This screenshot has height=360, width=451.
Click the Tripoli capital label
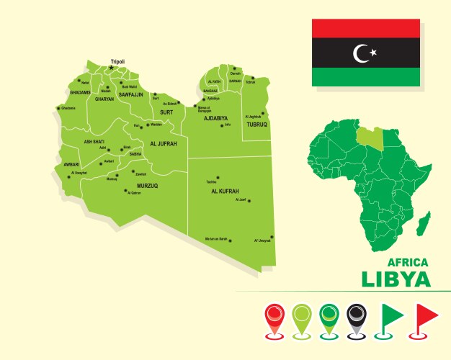pyautogui.click(x=117, y=62)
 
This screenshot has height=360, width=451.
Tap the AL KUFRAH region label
pyautogui.click(x=225, y=192)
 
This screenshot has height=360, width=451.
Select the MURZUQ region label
pyautogui.click(x=147, y=186)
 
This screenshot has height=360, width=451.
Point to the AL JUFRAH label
pyautogui.click(x=163, y=144)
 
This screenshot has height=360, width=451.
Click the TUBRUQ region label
pyautogui.click(x=256, y=124)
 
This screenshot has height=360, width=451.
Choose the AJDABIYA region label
pyautogui.click(x=212, y=117)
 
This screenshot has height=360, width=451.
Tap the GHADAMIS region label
pyautogui.click(x=81, y=92)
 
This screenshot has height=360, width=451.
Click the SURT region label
pyautogui.click(x=166, y=112)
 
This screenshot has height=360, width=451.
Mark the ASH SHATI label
pyautogui.click(x=96, y=142)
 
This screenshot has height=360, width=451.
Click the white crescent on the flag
pyautogui.click(x=360, y=53)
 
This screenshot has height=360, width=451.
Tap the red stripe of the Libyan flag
pyautogui.click(x=365, y=28)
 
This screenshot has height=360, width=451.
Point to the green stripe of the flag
pyautogui.click(x=365, y=76)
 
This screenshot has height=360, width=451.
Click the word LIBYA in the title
pyautogui.click(x=396, y=279)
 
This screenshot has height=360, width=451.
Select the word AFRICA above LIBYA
pyautogui.click(x=408, y=262)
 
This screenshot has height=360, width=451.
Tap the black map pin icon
pyautogui.click(x=357, y=318)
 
